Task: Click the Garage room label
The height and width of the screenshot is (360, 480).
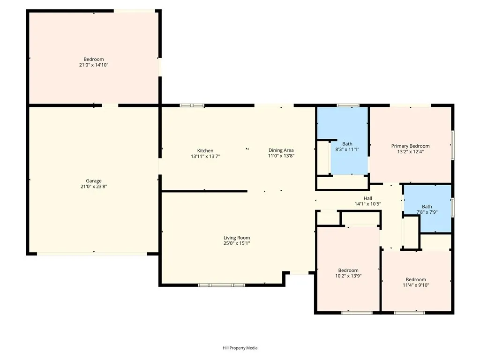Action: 93,180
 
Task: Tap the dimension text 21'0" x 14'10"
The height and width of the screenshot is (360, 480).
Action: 93,65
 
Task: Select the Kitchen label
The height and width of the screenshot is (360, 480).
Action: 205,150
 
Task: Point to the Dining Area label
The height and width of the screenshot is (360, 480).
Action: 281,150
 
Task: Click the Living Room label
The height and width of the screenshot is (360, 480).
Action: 237,238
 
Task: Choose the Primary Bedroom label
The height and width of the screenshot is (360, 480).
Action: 410,146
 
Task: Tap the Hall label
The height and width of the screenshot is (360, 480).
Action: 367,198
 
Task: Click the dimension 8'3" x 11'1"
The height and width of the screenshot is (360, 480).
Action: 347,150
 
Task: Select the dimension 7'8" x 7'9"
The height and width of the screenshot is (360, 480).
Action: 427,212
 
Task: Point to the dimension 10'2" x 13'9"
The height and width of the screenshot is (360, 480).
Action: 348,276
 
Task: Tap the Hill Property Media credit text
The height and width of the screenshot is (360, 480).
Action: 240,348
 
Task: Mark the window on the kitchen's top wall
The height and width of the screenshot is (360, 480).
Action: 192,105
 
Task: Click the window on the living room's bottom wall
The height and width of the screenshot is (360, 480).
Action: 221,285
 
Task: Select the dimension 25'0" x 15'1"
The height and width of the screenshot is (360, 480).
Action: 237,243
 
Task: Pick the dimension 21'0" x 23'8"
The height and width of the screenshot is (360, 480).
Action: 93,187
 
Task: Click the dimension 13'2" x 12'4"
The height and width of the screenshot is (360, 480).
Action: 410,151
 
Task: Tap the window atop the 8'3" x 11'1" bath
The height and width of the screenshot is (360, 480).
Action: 348,105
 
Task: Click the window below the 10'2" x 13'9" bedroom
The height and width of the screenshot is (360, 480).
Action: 350,312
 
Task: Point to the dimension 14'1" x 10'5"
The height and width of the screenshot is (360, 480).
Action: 367,204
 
